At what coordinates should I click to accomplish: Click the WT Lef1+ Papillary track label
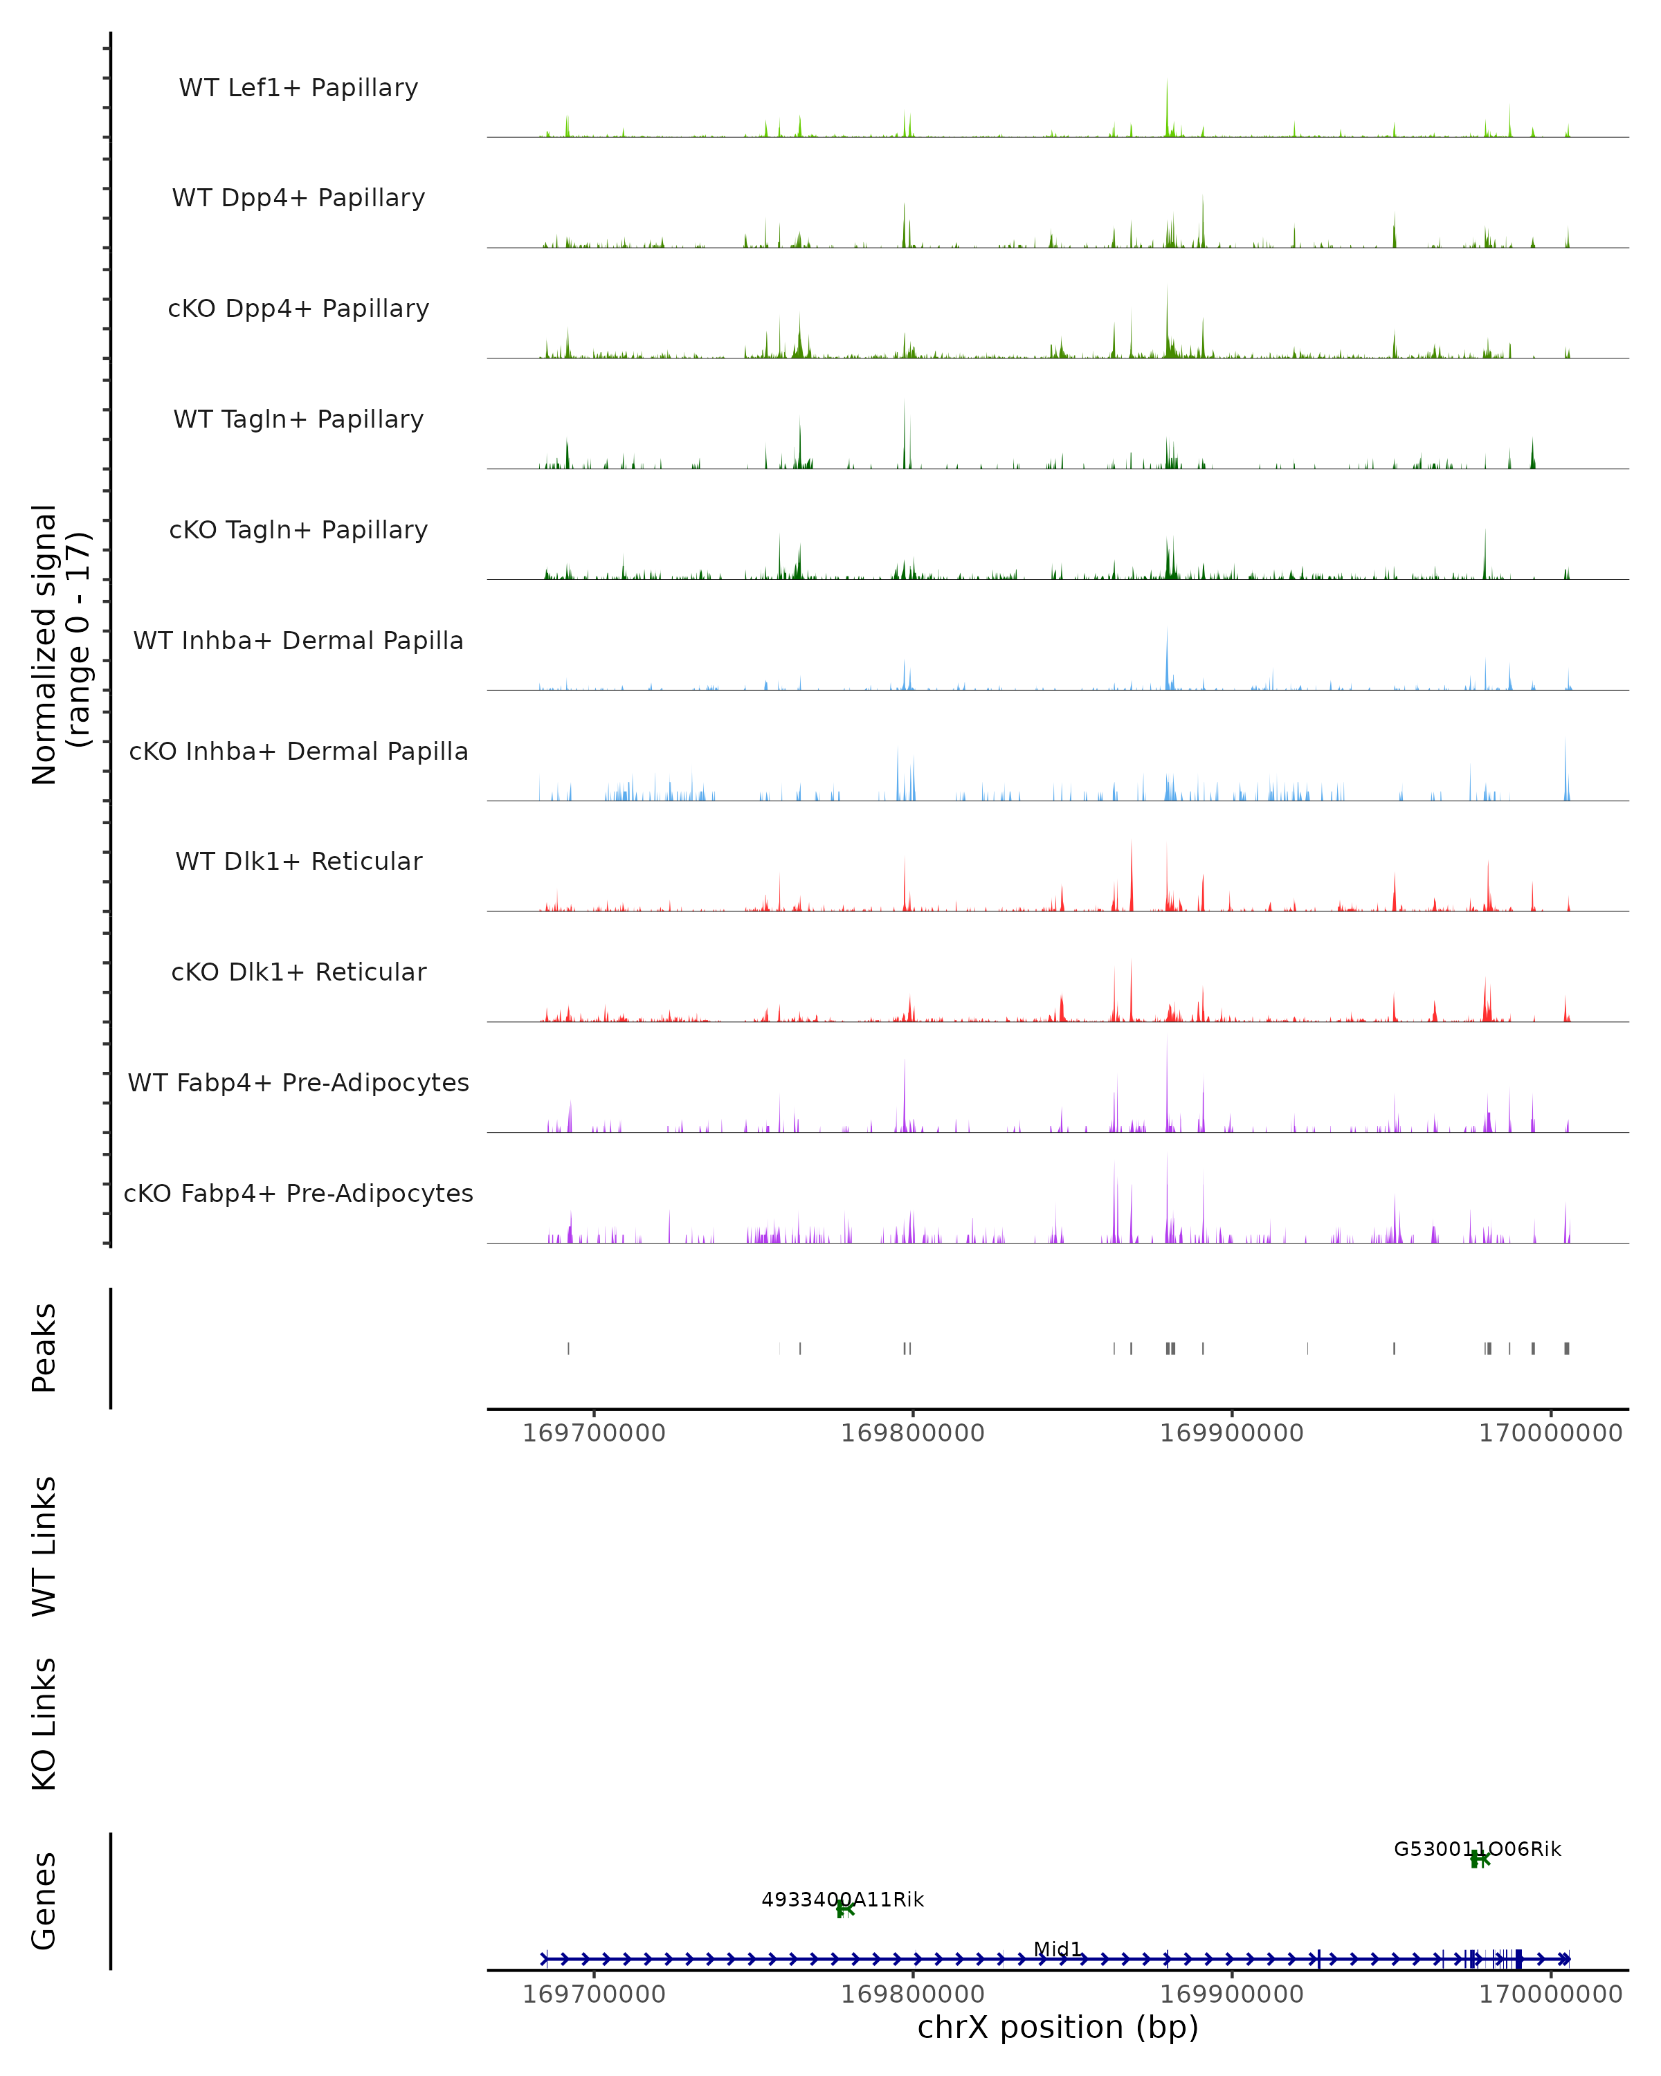point(298,88)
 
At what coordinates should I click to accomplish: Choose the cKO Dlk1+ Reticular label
point(298,972)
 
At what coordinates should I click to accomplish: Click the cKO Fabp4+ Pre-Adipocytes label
point(298,1193)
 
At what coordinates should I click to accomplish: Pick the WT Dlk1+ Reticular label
point(298,861)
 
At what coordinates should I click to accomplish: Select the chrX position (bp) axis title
point(1058,2027)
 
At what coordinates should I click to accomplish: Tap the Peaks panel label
point(44,1347)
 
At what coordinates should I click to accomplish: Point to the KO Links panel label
point(44,1724)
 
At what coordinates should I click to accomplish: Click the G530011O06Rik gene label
point(1477,1849)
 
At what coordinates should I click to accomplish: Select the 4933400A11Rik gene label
point(842,1900)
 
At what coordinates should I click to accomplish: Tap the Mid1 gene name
point(1058,1949)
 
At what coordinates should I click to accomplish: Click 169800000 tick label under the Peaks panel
point(912,1433)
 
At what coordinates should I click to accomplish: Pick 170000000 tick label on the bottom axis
point(1550,1994)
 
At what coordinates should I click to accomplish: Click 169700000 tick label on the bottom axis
point(593,1994)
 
